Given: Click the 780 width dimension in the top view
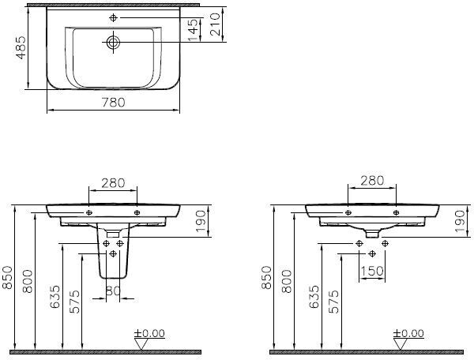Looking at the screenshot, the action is point(113,103).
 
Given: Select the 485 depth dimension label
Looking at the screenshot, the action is point(21,47).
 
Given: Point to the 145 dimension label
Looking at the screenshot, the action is point(192,29).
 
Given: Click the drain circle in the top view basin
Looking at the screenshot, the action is point(113,42).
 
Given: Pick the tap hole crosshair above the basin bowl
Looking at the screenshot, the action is point(113,18).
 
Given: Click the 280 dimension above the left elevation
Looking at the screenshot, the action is point(113,183).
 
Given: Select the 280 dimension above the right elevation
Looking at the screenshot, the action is point(372,180).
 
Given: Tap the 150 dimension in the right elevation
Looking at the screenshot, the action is point(372,271).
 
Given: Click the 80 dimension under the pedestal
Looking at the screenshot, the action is point(113,291).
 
